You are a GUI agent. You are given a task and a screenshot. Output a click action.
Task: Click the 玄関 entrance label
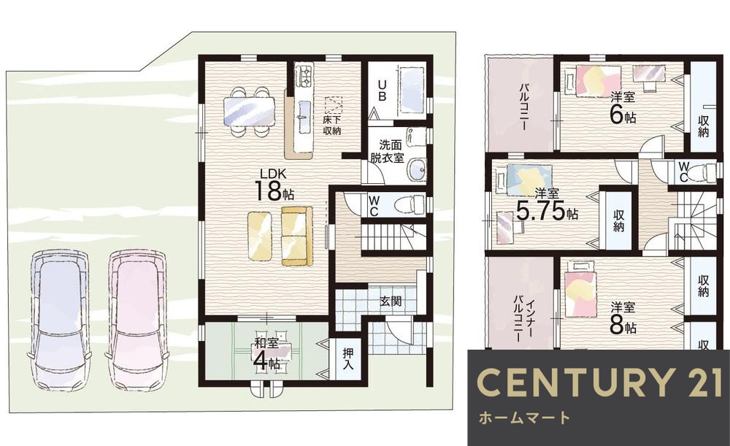391,301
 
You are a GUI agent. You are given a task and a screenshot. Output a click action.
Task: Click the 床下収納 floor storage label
332,124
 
